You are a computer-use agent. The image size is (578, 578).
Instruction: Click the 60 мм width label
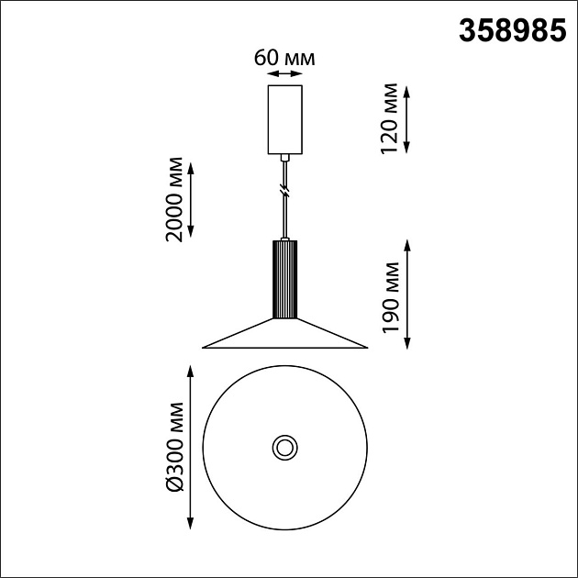tap(284, 58)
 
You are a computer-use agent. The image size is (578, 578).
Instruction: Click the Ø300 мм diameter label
tap(173, 447)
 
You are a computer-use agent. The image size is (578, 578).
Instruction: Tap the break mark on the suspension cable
tap(284, 193)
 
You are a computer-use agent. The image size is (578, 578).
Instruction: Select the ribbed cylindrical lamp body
tap(284, 279)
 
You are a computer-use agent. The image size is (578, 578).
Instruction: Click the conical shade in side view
tap(284, 336)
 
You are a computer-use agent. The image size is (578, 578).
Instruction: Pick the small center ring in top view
tap(284, 448)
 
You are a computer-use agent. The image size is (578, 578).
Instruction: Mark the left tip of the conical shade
tap(206, 347)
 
